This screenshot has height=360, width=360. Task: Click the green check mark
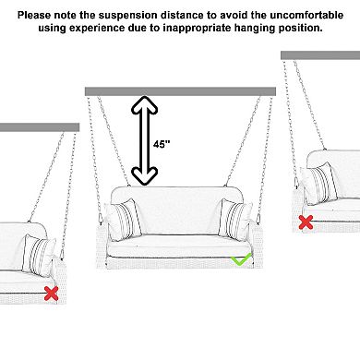pos(240,260)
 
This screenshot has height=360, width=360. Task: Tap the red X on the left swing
pos(52,294)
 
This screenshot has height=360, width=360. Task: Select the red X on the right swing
pos(306,222)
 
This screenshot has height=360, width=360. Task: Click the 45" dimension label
pos(162,144)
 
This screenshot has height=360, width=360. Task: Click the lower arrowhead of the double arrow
pos(145,177)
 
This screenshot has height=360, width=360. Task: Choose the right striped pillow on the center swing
pos(234,219)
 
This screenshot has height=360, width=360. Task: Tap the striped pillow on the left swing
pos(39,254)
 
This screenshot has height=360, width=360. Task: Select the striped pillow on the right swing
pos(319,184)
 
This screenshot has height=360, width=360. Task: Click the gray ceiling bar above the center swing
pos(180,91)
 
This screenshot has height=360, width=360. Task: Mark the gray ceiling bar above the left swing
pos(40,127)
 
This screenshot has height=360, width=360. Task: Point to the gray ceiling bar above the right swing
pos(320,55)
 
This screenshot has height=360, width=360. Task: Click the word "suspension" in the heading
pos(128,15)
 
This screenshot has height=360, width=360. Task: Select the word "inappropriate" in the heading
pos(197,28)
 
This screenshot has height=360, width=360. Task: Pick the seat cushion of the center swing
pos(178,246)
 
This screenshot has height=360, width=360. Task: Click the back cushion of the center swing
pos(177,210)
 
